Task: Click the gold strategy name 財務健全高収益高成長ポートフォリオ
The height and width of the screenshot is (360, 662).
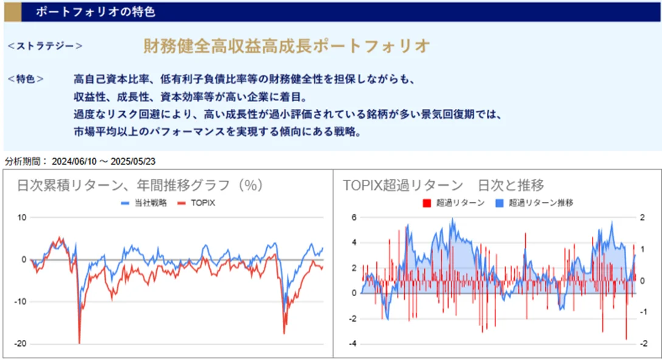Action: pos(286,46)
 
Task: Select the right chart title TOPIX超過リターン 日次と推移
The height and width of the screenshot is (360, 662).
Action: pos(443,185)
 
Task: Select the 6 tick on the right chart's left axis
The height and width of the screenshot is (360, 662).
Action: pos(353,217)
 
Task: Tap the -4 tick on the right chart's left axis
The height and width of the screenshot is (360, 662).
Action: pos(351,344)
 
